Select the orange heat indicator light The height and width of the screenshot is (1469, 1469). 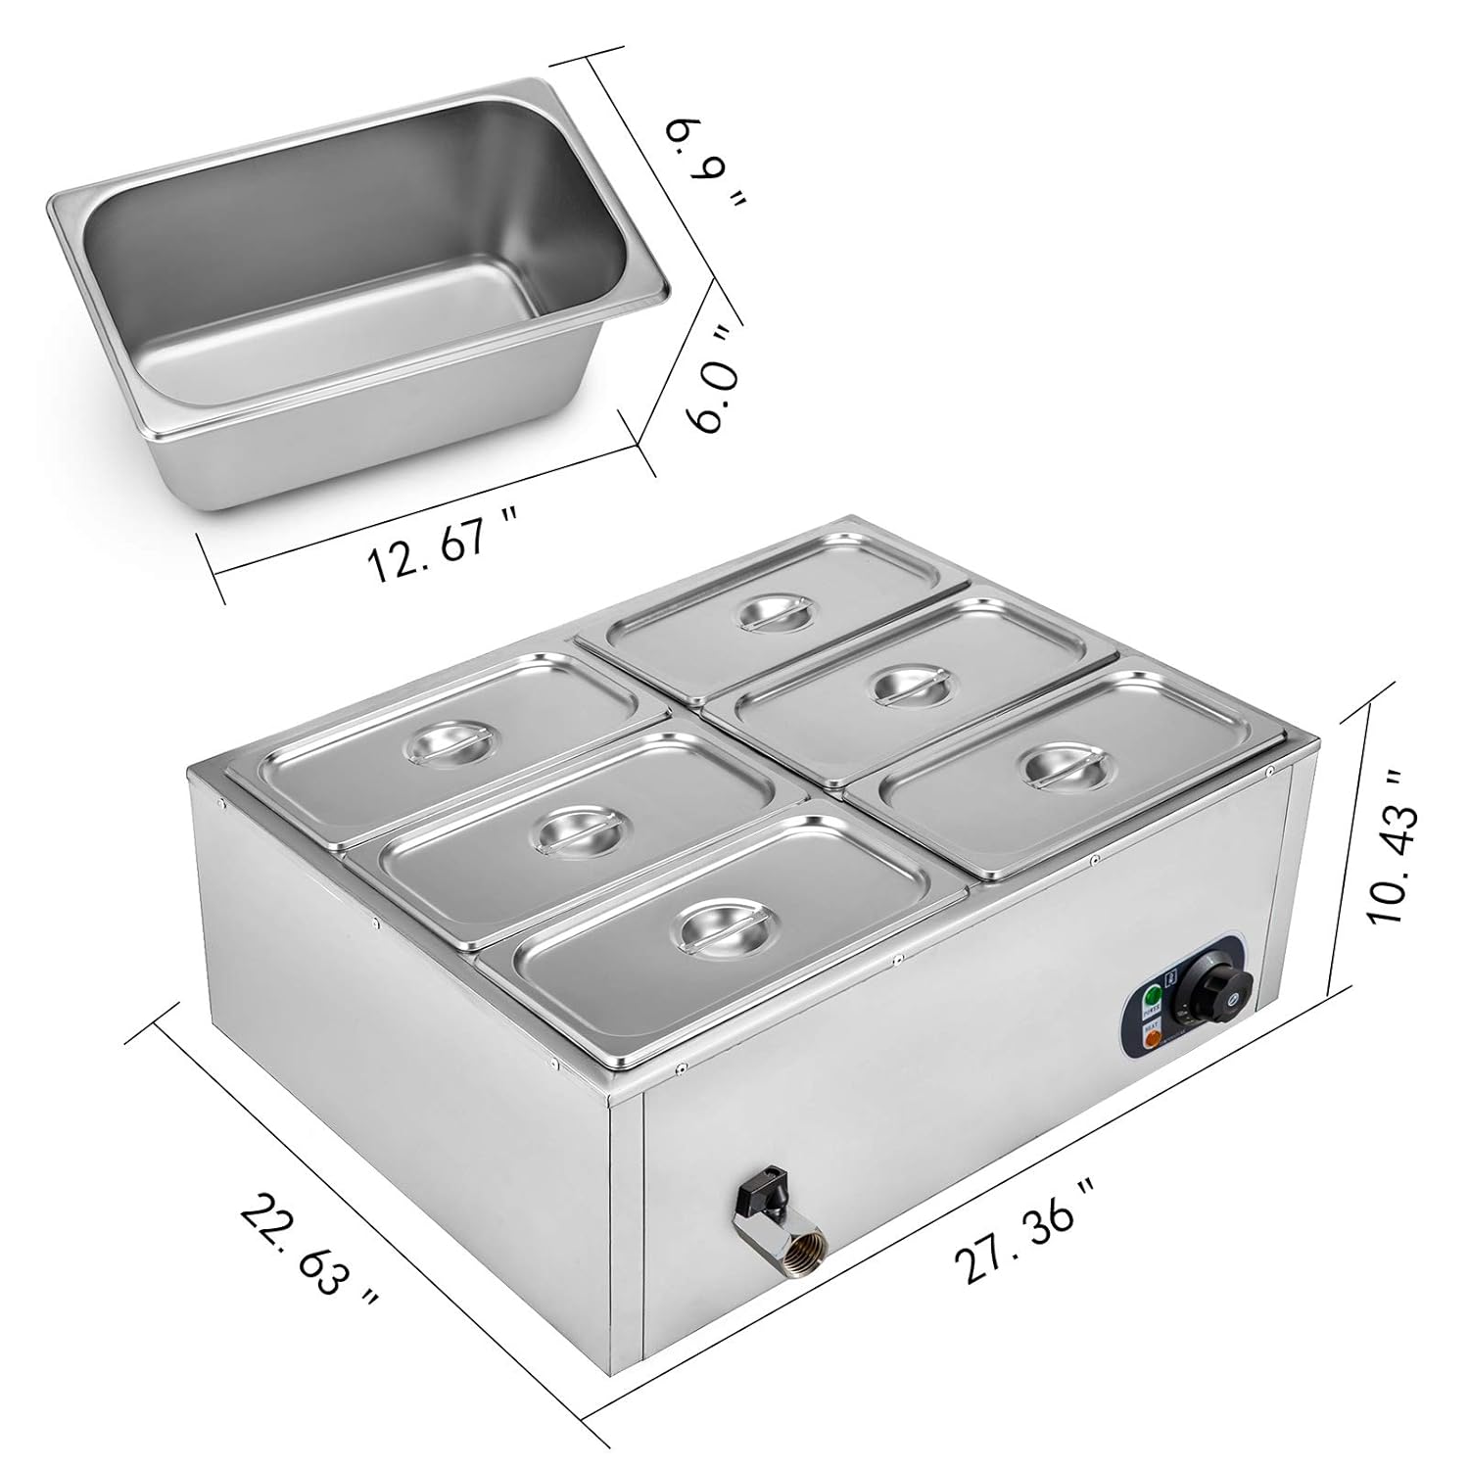click(x=1153, y=1040)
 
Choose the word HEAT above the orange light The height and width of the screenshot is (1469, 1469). click(x=1153, y=1026)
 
